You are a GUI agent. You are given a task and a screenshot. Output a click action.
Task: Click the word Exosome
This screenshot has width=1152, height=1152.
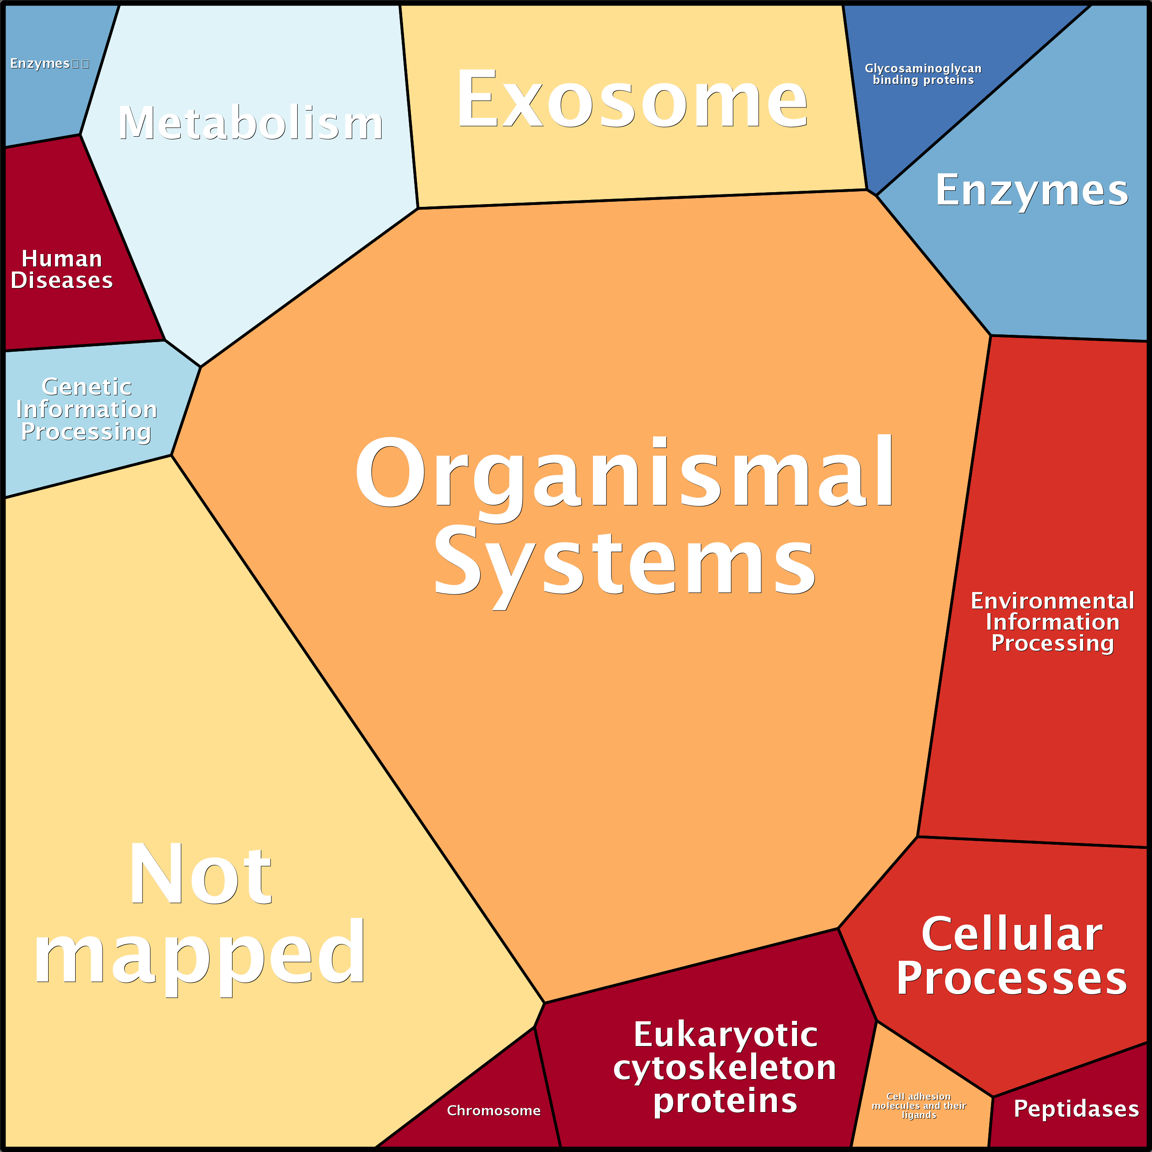tap(632, 100)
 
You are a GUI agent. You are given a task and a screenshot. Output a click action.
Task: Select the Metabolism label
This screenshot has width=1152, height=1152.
tap(250, 123)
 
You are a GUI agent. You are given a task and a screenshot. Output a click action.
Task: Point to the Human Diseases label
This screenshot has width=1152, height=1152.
tap(62, 270)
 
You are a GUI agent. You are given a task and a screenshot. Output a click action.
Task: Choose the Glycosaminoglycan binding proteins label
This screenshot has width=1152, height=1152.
tap(923, 74)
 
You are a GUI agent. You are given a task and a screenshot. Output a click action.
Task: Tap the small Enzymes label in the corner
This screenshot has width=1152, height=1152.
tap(40, 63)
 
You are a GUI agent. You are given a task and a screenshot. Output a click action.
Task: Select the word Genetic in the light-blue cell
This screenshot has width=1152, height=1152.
tap(87, 387)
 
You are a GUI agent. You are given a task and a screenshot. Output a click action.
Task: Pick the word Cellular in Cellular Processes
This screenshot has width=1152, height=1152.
tap(1012, 934)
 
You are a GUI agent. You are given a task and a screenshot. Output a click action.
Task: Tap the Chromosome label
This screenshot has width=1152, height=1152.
tap(494, 1110)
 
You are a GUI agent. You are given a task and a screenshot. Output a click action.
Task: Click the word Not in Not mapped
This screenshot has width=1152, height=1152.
tap(200, 875)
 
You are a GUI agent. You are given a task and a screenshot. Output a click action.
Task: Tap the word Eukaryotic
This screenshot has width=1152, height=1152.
tap(725, 1034)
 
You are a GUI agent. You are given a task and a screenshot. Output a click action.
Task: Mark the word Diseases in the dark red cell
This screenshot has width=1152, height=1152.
tap(62, 280)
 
